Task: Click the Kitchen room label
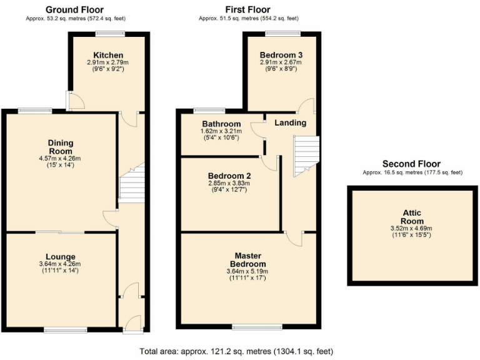click(108, 55)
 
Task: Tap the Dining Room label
click(60, 147)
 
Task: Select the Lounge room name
click(60, 256)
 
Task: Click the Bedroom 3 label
click(281, 54)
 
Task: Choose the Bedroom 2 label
click(229, 176)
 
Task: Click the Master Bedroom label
click(247, 260)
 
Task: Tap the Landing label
click(290, 122)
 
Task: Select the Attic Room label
click(412, 217)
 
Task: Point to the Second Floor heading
click(411, 164)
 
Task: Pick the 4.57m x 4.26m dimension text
click(60, 159)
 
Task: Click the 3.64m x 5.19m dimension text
click(247, 271)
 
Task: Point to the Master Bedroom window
click(248, 326)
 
